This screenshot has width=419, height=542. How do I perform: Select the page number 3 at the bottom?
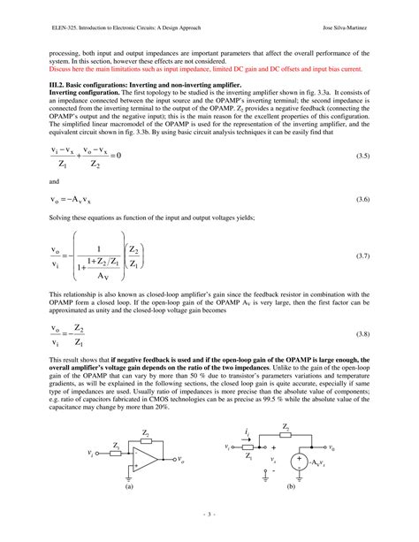(x=209, y=514)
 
